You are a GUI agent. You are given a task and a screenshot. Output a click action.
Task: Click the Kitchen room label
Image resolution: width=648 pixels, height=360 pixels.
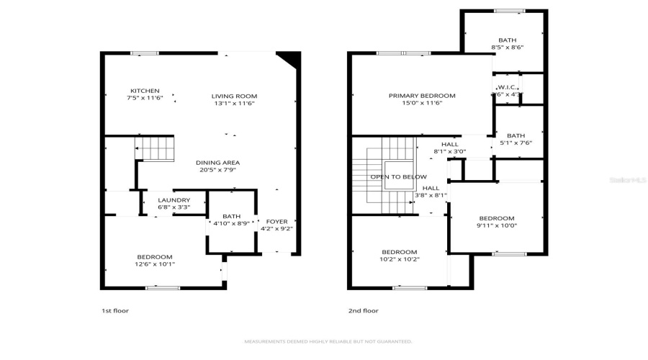[140, 91]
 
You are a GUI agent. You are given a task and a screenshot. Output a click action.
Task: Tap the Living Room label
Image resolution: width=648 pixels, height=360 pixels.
[234, 96]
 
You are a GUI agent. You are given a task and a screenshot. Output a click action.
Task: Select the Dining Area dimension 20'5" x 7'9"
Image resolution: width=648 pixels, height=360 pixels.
[217, 170]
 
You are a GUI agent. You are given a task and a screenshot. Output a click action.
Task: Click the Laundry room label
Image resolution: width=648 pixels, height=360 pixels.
[174, 200]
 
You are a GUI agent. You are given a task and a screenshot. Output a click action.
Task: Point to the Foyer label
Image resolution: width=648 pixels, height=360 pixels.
[276, 222]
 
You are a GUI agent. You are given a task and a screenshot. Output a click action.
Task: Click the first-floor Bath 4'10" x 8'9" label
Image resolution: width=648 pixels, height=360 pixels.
[231, 216]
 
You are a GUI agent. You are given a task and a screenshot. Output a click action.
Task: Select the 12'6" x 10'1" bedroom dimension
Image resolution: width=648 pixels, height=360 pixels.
[155, 264]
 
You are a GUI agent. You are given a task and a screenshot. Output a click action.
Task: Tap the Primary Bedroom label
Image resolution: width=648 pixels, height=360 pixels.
[422, 96]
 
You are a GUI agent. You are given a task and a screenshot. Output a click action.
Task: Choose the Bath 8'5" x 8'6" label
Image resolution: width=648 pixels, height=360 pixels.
[507, 40]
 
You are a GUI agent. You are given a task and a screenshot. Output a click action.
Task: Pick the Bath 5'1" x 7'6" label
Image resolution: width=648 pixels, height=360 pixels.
[516, 135]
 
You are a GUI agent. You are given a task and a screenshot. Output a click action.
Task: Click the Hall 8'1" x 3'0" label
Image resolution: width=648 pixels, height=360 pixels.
[449, 144]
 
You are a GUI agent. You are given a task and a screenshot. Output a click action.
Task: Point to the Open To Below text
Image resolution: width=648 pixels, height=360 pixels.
[398, 176]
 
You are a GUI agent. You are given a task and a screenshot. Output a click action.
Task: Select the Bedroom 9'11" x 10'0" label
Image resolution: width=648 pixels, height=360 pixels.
[497, 218]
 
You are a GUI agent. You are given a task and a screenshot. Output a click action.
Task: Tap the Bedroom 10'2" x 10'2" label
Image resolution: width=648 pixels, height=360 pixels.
[400, 252]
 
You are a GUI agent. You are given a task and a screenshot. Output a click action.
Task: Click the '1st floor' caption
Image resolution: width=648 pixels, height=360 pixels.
[114, 311]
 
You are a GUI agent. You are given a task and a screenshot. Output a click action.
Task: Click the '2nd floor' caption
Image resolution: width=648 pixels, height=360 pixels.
[363, 311]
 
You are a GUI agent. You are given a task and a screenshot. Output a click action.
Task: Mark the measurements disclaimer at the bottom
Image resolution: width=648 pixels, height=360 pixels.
[328, 341]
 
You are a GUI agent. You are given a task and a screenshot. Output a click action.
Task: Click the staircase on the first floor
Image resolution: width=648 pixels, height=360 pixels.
[156, 149]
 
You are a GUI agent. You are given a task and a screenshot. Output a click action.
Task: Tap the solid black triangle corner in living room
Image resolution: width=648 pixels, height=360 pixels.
[289, 58]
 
